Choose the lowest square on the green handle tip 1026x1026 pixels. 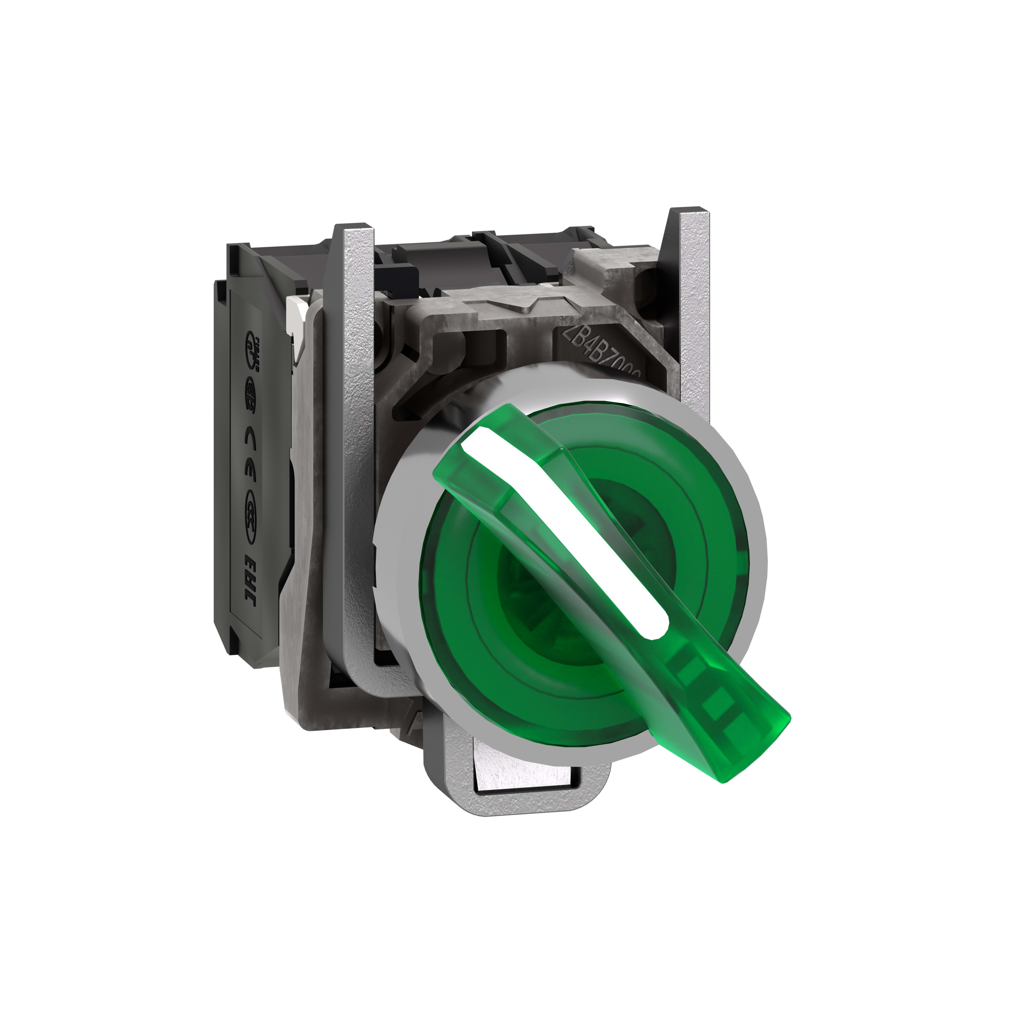722,714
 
